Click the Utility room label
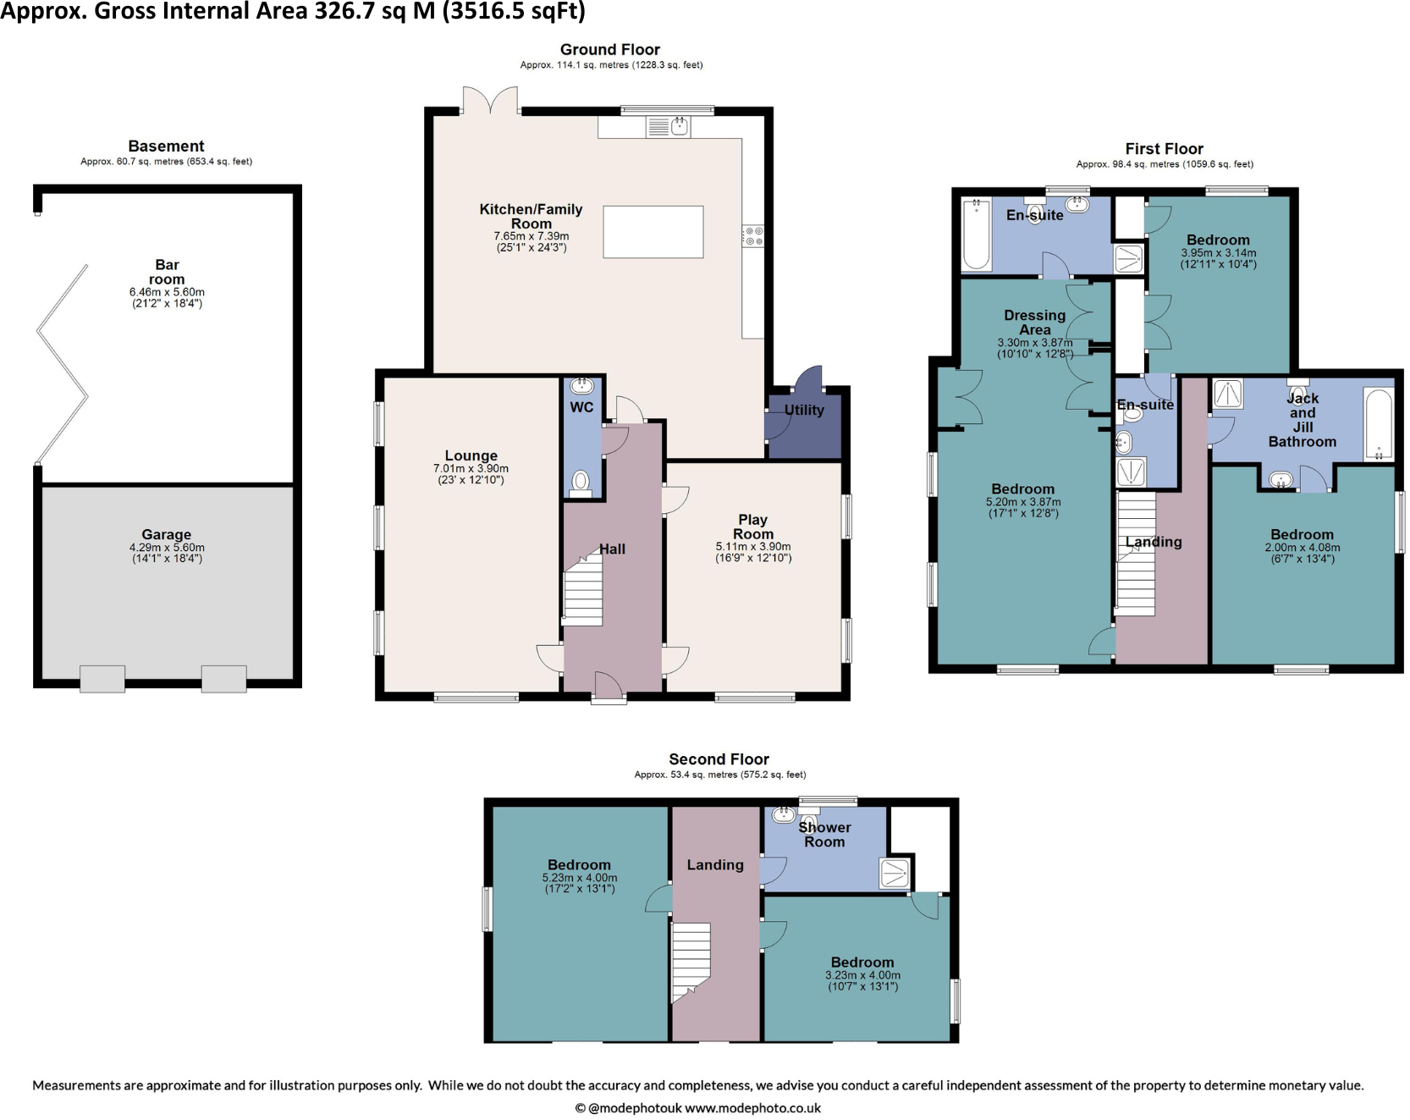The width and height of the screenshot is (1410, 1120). [x=803, y=411]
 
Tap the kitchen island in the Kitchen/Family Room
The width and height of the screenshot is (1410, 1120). [x=653, y=232]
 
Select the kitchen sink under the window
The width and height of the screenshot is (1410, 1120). [x=669, y=127]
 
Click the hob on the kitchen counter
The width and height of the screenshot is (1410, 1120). [x=752, y=236]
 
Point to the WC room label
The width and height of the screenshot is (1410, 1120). [x=581, y=407]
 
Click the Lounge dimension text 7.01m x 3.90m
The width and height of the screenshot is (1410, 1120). [x=471, y=468]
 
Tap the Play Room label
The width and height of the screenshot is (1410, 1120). [x=753, y=527]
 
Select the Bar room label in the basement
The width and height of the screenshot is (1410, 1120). [x=167, y=272]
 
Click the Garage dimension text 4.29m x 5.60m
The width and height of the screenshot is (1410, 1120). [x=167, y=548]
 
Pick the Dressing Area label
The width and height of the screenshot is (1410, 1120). [x=1035, y=323]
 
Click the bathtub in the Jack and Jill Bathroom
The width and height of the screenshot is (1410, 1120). [x=1379, y=424]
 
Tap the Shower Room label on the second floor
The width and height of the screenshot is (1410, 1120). [x=824, y=835]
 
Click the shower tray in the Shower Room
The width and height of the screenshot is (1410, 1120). [x=895, y=873]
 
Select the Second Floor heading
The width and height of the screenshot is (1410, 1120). [x=719, y=759]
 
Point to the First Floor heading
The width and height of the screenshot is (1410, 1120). [x=1164, y=149]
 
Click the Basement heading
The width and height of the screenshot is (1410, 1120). [x=167, y=146]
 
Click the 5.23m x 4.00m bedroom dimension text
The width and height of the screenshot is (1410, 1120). [x=580, y=878]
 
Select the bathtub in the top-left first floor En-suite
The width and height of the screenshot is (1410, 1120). [x=976, y=234]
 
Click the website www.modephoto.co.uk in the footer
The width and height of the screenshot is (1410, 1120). [x=752, y=1108]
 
